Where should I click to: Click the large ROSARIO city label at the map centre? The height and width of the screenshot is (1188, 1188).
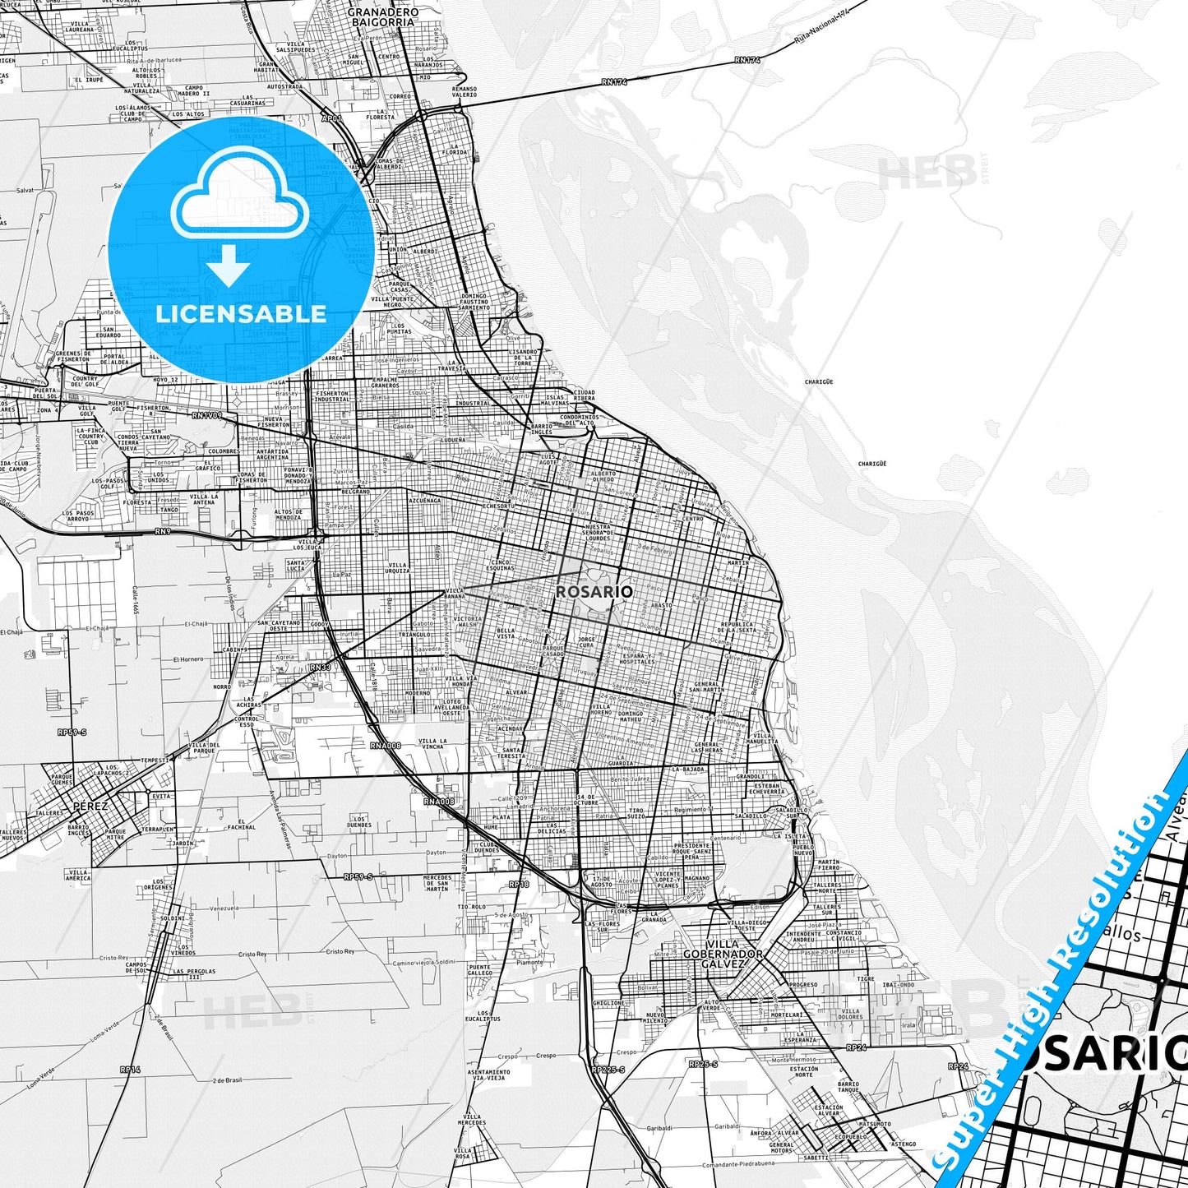pos(594,592)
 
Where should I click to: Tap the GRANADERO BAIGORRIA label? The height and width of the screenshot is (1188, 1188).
pos(383,17)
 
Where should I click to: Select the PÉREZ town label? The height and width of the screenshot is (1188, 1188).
pos(90,806)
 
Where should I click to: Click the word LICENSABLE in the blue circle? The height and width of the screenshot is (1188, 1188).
pos(241,313)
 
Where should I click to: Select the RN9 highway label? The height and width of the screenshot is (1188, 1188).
pos(164,531)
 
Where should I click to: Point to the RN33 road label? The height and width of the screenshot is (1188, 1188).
pos(321,667)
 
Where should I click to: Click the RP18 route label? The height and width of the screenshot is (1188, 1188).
pos(519,885)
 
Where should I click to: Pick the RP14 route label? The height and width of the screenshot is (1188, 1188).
pos(130,1070)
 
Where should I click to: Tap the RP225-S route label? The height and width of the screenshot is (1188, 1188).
pos(608,1070)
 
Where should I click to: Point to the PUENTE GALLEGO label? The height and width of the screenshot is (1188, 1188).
pos(479,970)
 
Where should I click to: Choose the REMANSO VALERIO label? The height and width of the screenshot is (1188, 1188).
pos(464,91)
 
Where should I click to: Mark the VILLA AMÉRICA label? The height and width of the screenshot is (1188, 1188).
pos(79,875)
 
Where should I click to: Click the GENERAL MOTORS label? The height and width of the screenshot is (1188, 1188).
pos(781,1148)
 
